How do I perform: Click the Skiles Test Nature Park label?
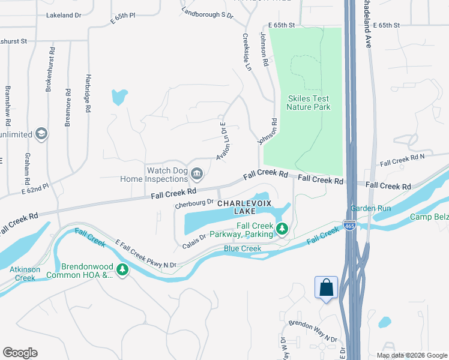coord(309,103)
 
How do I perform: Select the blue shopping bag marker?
coord(327,287)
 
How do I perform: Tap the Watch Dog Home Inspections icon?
coord(196,175)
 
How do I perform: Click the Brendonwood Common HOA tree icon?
coord(122,270)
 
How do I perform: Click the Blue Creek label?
coord(242,248)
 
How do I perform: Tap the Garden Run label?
coord(370,208)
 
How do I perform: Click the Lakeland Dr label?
coord(62,15)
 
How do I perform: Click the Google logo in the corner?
coord(20,353)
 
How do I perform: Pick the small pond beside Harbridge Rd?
coord(119,96)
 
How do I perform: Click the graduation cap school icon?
coord(41,133)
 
